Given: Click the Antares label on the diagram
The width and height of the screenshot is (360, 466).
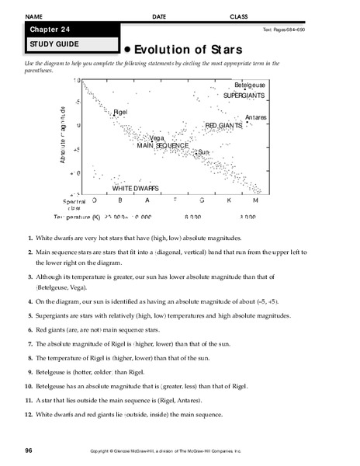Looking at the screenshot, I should pos(255,117).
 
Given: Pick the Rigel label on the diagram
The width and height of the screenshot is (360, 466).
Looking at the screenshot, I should pos(120,113).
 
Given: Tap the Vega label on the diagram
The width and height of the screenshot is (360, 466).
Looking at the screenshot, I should pos(157,137).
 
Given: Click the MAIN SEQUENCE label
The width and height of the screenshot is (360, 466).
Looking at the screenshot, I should pos(163,145).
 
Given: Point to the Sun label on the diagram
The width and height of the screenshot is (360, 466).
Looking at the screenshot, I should pos(203,152).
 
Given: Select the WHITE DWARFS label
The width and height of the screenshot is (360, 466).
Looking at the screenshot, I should pos(136,188).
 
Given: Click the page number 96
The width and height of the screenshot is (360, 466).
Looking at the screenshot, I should pos(29,449).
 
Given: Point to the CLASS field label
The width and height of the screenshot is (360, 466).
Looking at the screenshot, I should pos(240,16).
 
